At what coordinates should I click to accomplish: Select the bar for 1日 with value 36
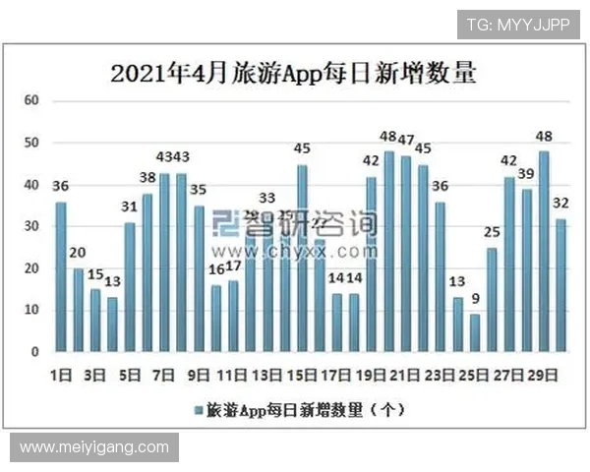tap(61, 276)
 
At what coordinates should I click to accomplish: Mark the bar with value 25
tap(492, 299)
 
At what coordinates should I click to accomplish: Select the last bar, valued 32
tap(560, 284)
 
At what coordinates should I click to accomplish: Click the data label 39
tap(526, 174)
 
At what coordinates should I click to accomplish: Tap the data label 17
tap(233, 266)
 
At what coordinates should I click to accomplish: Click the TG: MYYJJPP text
tap(518, 25)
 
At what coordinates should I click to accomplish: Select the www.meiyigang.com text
tap(94, 447)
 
